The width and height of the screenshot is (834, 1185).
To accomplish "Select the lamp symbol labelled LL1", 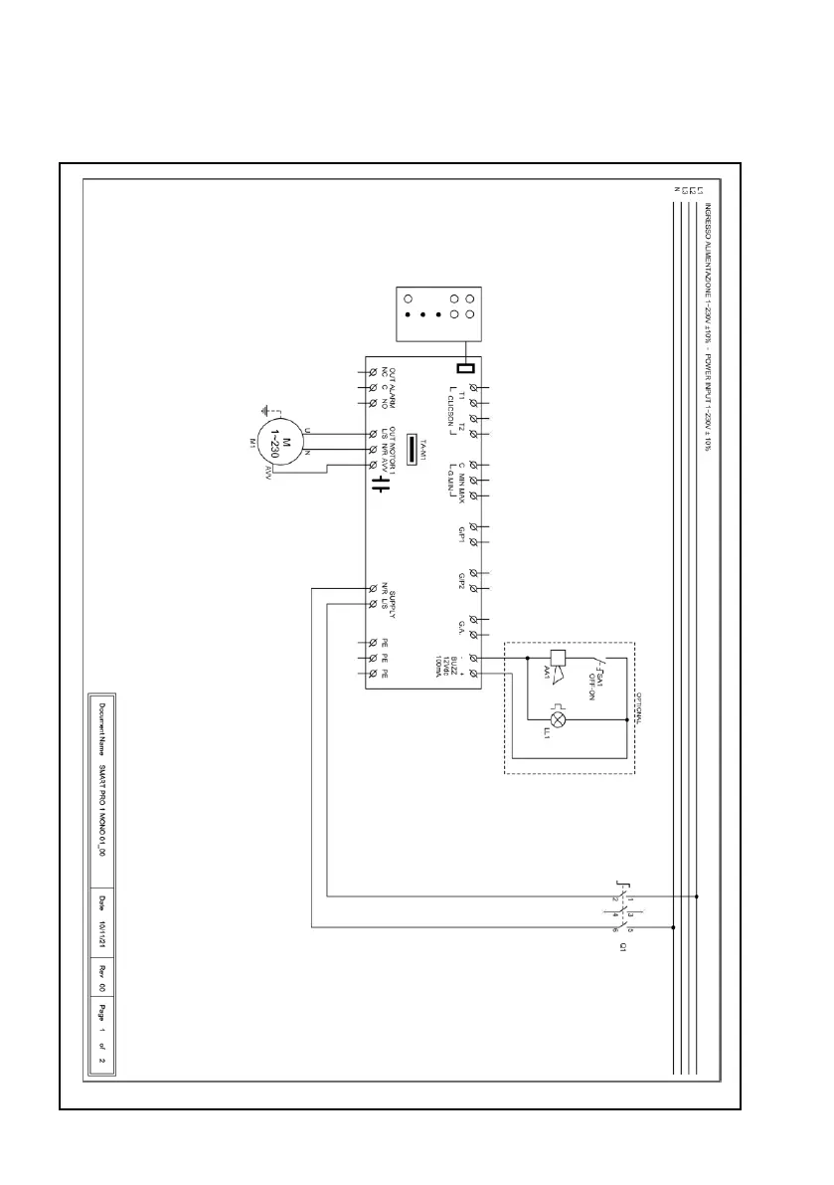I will click(559, 718).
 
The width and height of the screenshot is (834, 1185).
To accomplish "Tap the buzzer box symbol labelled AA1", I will click(557, 658).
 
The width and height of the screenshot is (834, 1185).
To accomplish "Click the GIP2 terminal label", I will click(462, 581).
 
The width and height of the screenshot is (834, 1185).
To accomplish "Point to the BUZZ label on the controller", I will click(452, 666).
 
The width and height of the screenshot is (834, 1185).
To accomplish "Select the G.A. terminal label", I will click(462, 626).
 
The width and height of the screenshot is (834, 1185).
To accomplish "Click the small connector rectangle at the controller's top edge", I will click(462, 365).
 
